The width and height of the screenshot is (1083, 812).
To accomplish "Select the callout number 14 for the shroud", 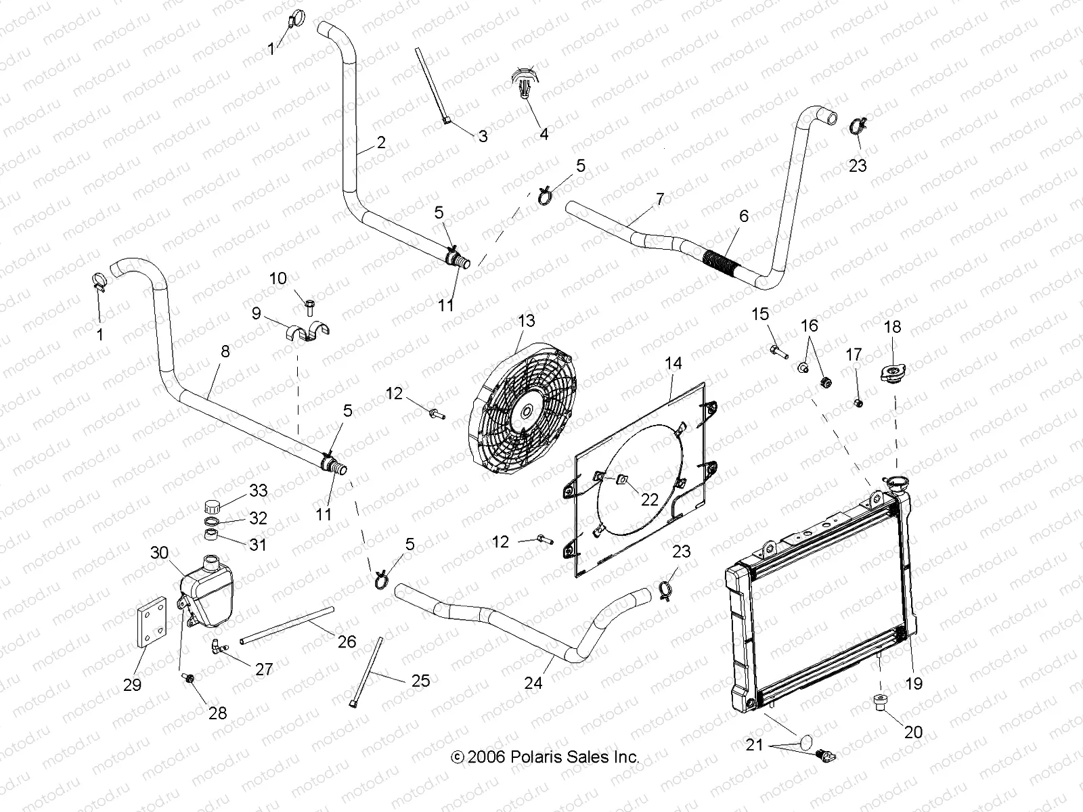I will pyautogui.click(x=673, y=363).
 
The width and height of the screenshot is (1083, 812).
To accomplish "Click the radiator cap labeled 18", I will pyautogui.click(x=892, y=374).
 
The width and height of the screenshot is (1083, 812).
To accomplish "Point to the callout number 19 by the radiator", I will pyautogui.click(x=914, y=683).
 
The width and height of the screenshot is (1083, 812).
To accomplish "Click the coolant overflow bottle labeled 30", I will pyautogui.click(x=206, y=589).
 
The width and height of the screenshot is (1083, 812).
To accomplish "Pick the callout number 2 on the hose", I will pyautogui.click(x=381, y=142).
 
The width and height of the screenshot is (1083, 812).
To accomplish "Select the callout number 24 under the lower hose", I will pyautogui.click(x=533, y=683).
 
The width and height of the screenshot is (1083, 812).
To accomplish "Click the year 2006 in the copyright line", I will pyautogui.click(x=486, y=757).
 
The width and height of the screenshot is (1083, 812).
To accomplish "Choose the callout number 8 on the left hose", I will pyautogui.click(x=225, y=351).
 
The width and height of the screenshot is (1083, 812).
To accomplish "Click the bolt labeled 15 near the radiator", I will pyautogui.click(x=777, y=351).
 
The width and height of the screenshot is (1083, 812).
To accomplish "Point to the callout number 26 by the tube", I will pyautogui.click(x=347, y=640).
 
